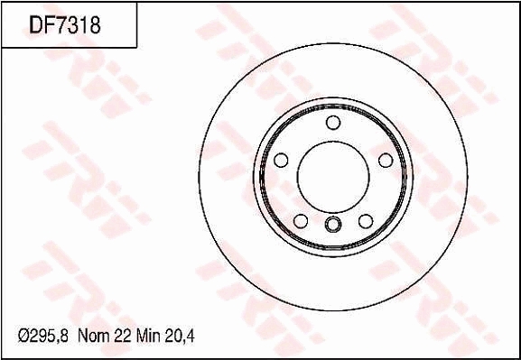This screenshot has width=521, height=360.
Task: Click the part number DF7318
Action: (x=65, y=25)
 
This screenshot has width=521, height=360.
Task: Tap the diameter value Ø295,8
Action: (x=42, y=337)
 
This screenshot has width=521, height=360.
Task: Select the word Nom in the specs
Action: (x=93, y=337)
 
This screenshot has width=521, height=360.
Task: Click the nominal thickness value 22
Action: (x=123, y=337)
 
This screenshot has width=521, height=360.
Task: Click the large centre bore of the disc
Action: (x=333, y=177)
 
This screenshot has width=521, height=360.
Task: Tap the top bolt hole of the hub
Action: (x=333, y=123)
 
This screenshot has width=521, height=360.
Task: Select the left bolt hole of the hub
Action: (x=281, y=160)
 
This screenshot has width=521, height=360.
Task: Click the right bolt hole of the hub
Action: (x=386, y=161)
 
